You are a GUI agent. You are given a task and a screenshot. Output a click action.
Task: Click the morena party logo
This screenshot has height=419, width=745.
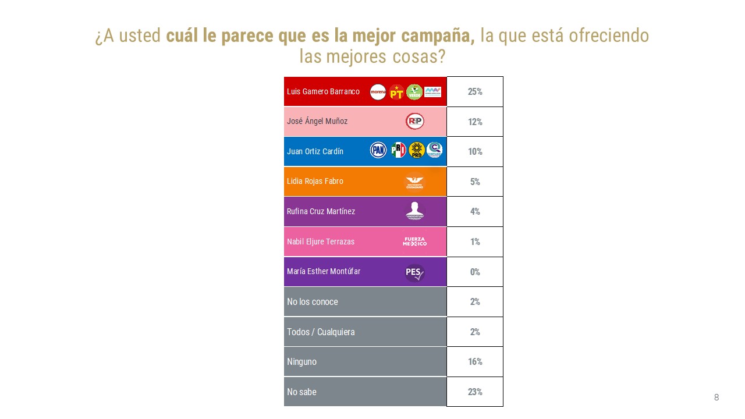click(378, 92)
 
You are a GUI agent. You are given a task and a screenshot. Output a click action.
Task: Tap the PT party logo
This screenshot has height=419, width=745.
click(396, 92)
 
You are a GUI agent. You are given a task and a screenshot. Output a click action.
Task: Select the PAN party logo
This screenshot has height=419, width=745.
click(378, 151)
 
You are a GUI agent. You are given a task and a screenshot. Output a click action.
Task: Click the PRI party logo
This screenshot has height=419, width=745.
click(398, 151)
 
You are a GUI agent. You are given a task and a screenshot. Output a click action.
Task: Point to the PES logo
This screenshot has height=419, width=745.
click(415, 272)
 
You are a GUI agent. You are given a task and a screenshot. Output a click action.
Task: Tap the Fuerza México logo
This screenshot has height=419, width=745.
click(415, 242)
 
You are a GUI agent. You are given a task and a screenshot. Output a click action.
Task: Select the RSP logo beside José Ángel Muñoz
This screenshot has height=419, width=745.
click(415, 121)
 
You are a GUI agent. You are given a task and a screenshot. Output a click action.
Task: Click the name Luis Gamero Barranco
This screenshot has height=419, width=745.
click(323, 92)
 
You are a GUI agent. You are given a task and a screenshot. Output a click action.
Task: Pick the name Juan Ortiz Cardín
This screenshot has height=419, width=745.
click(315, 151)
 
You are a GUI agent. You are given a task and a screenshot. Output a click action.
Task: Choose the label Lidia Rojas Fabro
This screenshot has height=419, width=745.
click(315, 181)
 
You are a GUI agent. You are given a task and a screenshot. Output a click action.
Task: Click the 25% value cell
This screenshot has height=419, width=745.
click(475, 92)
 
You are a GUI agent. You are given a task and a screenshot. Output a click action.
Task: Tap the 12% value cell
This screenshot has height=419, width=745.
click(475, 122)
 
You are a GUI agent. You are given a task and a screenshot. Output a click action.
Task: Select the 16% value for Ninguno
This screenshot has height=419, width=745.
click(475, 362)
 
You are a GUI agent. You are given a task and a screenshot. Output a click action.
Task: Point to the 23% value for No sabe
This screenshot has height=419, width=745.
click(475, 392)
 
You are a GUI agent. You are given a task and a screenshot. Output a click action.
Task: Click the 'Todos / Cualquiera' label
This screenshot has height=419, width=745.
click(321, 332)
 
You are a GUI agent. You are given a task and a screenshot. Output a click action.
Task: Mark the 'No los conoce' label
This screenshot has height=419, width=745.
click(313, 302)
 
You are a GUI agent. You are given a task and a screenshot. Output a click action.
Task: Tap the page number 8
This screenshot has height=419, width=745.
click(716, 397)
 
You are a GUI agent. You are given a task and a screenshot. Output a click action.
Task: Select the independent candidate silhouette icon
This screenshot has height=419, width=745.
click(415, 211)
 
